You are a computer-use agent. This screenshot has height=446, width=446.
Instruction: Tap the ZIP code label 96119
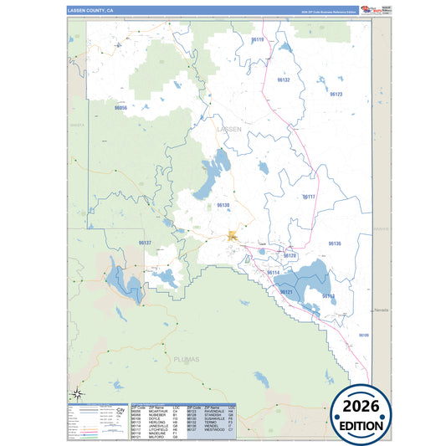tap(257, 40)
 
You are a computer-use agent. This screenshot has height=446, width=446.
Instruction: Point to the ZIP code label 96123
tap(336, 95)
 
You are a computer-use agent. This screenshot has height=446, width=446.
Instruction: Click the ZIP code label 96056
tap(120, 108)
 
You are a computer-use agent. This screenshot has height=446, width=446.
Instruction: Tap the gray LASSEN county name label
tap(228, 130)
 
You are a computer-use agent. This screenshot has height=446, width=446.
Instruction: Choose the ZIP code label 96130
tap(223, 205)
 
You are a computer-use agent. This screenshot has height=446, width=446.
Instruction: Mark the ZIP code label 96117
tap(308, 197)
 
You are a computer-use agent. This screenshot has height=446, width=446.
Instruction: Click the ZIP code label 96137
tap(145, 243)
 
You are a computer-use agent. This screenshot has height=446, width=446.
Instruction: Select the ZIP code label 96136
tap(334, 243)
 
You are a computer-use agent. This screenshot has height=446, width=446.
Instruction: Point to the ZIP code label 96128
tap(290, 255)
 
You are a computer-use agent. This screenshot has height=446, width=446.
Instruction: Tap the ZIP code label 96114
tap(273, 273)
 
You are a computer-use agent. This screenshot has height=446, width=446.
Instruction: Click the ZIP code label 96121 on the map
tap(286, 292)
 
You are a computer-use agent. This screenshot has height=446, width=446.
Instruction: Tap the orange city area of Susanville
tap(233, 238)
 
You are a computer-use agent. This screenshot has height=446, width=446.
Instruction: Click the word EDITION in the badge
tap(363, 425)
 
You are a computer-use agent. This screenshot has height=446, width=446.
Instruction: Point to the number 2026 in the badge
tap(363, 406)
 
